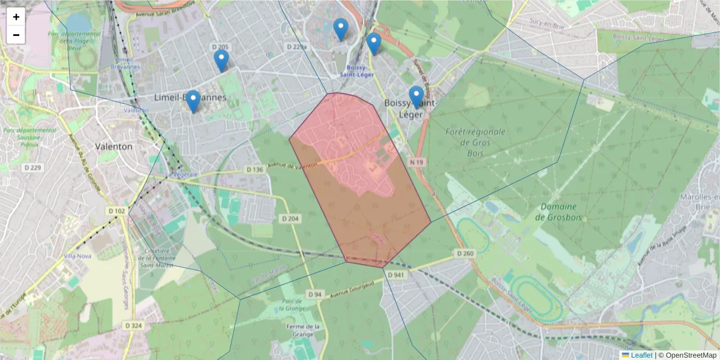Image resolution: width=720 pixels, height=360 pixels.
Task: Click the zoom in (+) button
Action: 16,17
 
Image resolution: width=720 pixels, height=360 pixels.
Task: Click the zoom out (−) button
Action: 16,35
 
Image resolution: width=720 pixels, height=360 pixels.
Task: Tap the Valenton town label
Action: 114,146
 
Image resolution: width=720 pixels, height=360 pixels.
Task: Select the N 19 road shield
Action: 418,162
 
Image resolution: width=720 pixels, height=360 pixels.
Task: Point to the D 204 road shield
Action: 290,219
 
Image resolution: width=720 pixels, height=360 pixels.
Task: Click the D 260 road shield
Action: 466,254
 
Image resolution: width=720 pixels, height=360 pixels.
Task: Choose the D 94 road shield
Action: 316,295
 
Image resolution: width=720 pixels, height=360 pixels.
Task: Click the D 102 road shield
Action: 118,211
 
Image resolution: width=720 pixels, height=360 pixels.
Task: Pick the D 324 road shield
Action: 134,325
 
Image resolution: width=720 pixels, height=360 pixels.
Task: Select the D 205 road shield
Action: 221,47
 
